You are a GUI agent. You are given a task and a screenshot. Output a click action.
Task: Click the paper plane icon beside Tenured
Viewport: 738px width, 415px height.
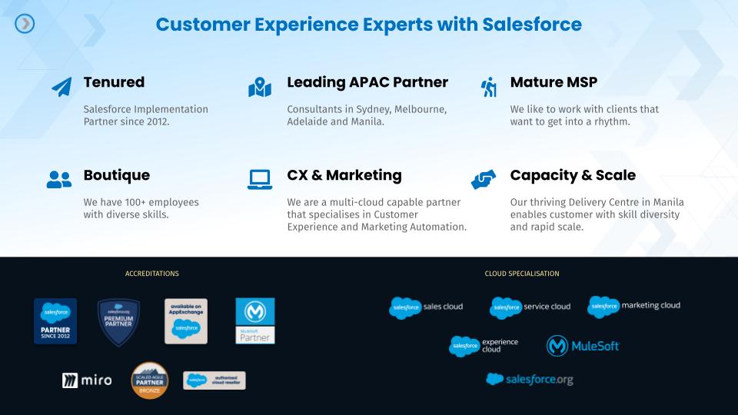[x=61, y=86]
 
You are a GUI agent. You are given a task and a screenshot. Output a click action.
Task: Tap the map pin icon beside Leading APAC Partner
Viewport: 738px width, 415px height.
[x=260, y=87]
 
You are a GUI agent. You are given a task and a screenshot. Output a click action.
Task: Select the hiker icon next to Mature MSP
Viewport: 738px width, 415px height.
[x=489, y=87]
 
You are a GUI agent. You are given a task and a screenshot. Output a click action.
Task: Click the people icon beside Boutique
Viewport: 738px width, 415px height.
[x=58, y=180]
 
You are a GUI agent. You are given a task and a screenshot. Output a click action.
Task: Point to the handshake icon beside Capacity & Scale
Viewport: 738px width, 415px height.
[x=484, y=180]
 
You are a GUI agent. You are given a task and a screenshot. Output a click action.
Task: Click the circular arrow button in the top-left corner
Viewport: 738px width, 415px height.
[x=25, y=24]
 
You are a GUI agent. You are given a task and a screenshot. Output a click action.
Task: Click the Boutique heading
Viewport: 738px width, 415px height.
[x=116, y=175]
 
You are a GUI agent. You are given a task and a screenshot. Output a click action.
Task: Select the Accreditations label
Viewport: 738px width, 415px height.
[x=151, y=274]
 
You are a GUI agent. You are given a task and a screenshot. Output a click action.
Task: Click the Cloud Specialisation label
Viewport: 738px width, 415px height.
[x=522, y=274]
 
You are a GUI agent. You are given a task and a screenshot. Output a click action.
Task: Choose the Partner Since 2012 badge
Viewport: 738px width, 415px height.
[x=55, y=321]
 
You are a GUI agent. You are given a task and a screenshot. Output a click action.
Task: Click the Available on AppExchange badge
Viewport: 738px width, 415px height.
[x=186, y=320]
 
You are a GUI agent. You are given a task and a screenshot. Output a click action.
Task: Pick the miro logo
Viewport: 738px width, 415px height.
[x=87, y=380]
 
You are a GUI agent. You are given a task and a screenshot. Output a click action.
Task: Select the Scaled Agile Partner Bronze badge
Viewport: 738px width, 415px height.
[x=150, y=380]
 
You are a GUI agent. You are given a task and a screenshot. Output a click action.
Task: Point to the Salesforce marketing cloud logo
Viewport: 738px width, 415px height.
[x=634, y=307]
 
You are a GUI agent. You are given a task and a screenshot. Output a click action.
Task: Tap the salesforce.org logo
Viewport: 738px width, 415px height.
[x=530, y=380]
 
